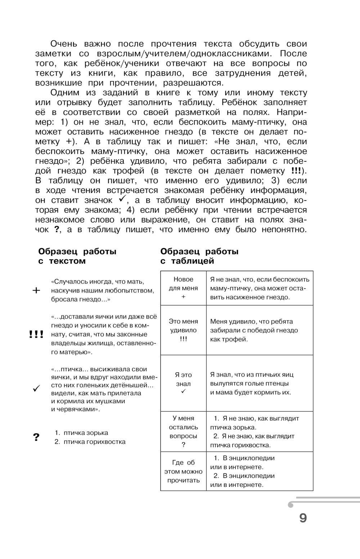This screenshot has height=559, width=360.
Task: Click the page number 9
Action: coord(303,518)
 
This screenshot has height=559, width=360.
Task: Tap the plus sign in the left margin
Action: coord(36,290)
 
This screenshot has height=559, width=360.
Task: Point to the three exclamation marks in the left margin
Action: coord(36,334)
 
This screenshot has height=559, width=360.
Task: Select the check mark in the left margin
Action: coord(36,389)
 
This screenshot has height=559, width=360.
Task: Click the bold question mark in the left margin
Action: coord(36,437)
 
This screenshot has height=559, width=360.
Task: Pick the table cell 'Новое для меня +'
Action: coord(183,288)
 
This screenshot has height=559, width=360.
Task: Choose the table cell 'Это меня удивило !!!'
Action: coord(183,330)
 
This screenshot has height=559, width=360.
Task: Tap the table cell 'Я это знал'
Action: coord(183,383)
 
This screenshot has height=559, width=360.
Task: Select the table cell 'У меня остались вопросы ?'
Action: coord(183,431)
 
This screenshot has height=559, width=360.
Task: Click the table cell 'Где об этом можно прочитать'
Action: coord(183,471)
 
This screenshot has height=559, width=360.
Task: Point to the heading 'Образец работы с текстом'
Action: coord(77,256)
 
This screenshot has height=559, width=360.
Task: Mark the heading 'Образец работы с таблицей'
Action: coord(199,256)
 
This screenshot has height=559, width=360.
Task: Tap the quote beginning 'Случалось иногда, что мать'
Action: coord(103,290)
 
